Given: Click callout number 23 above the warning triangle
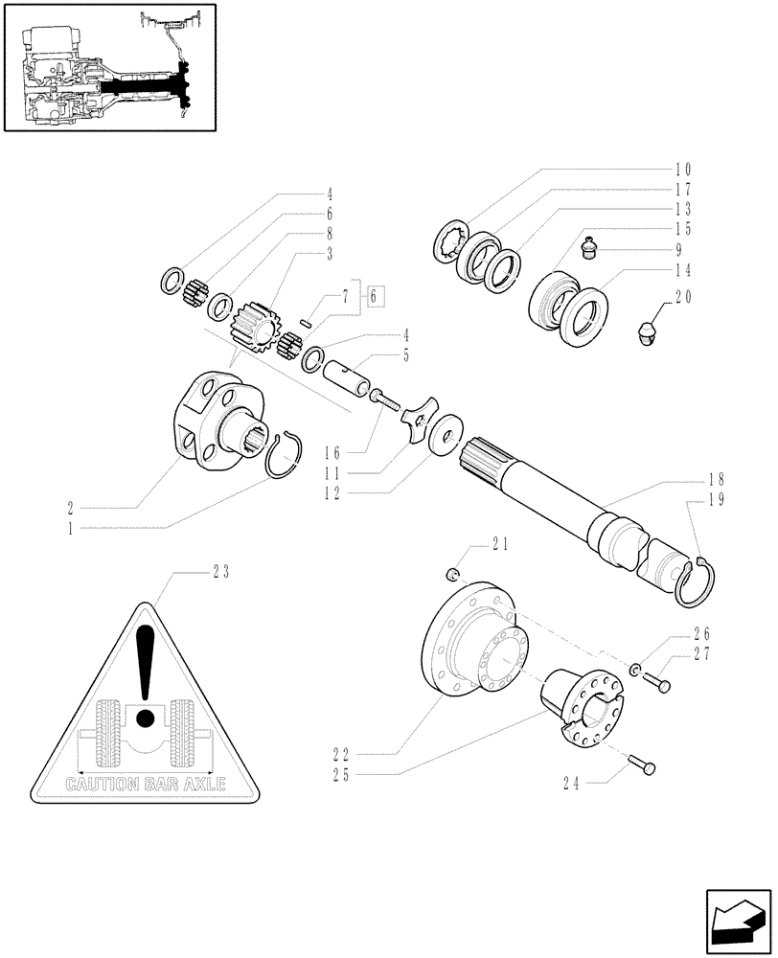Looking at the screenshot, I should click(221, 573).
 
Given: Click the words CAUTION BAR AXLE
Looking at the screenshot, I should click(145, 783).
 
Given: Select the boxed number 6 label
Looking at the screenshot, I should click(377, 295).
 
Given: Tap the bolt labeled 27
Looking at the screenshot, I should click(656, 682).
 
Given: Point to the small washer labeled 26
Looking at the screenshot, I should click(637, 668).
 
